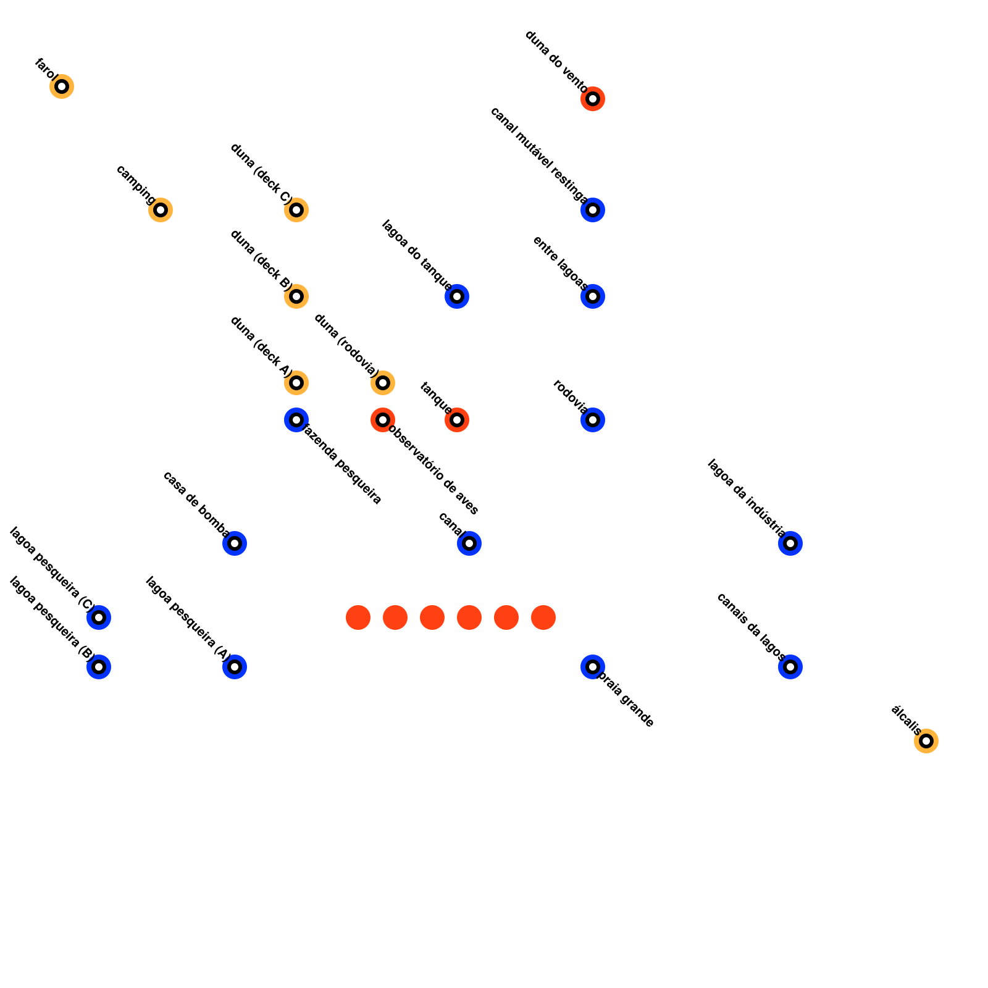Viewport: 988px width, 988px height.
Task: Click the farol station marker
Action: click(x=62, y=86)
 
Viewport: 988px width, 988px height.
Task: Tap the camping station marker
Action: click(x=161, y=210)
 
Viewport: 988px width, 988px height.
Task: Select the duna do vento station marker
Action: click(x=593, y=99)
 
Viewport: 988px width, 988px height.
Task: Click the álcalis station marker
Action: click(x=926, y=741)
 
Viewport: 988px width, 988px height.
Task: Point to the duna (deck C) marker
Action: click(x=296, y=210)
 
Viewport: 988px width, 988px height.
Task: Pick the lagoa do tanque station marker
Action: click(x=457, y=296)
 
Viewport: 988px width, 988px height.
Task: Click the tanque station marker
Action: click(x=457, y=420)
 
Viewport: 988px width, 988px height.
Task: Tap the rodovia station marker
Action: click(x=593, y=420)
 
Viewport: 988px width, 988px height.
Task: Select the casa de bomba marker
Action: click(x=235, y=543)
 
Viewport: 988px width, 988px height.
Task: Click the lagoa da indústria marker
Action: click(x=790, y=543)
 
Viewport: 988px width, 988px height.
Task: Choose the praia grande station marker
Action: click(x=593, y=667)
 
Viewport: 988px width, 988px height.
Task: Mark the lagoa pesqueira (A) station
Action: click(x=235, y=667)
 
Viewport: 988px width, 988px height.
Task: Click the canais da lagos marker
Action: click(x=790, y=667)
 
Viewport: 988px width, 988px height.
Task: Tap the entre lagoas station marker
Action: click(x=593, y=296)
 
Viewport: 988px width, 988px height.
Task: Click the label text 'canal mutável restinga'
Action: click(x=539, y=155)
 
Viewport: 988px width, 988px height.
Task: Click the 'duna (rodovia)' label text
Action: click(x=346, y=345)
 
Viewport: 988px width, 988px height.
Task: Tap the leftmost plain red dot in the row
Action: click(x=358, y=617)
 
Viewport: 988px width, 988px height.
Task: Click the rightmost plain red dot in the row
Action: click(x=543, y=617)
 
